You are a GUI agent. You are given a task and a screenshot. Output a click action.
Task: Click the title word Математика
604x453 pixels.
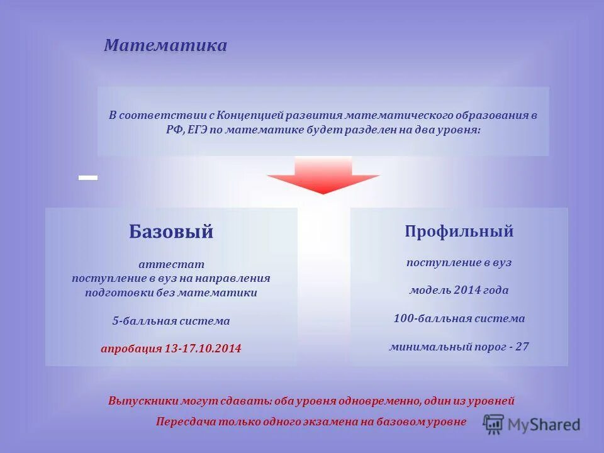point(165,46)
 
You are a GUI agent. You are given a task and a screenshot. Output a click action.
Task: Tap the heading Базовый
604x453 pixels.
point(171,232)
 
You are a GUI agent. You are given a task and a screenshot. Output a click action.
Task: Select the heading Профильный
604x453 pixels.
point(459,232)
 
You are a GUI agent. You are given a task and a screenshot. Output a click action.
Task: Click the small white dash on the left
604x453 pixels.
point(88,178)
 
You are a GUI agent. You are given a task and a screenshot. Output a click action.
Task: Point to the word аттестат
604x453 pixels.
point(171,265)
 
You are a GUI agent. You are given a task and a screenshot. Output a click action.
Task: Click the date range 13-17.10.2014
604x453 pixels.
point(203,349)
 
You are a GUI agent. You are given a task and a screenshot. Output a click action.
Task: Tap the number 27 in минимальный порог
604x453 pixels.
point(522,346)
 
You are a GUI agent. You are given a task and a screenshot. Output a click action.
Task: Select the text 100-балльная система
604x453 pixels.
point(459,318)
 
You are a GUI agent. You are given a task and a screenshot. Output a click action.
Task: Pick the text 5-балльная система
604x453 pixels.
point(171,321)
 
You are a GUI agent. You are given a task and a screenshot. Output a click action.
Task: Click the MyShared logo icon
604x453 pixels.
point(494,423)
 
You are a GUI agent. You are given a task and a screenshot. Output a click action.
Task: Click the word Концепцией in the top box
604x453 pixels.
point(249,116)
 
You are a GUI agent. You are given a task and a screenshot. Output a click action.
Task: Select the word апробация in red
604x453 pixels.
point(131,349)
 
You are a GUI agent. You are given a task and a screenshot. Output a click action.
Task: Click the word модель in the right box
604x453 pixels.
point(428,290)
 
